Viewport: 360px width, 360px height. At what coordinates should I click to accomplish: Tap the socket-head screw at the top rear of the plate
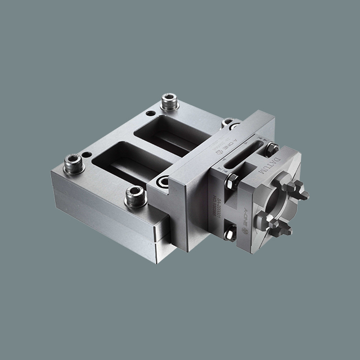(169, 102)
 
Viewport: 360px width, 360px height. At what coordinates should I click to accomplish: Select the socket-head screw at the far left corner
(74, 164)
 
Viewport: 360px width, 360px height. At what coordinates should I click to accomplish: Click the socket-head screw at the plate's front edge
(136, 196)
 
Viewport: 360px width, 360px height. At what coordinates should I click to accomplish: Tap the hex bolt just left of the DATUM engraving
(232, 182)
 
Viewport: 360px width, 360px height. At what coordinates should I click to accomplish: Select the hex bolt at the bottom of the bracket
(230, 232)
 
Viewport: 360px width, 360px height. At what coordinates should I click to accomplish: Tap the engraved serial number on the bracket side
(217, 195)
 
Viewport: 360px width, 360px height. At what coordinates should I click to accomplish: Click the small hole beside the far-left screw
(87, 155)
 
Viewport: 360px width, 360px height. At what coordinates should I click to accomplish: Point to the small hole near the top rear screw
(151, 113)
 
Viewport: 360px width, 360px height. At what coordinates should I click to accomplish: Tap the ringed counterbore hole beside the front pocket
(164, 182)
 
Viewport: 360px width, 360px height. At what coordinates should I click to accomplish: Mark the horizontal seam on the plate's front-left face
(107, 220)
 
